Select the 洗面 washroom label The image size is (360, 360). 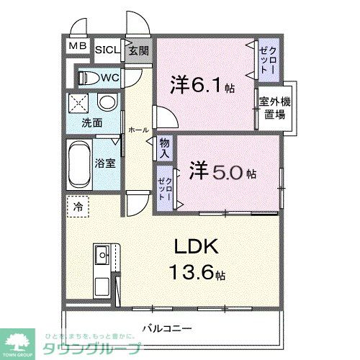(x=91, y=122)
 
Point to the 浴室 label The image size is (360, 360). (x=106, y=162)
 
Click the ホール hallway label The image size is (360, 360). (x=137, y=130)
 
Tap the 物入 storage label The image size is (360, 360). (x=164, y=148)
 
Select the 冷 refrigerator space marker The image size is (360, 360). (x=77, y=206)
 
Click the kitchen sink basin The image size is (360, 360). (x=102, y=253)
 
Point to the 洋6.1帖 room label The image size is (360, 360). (x=202, y=85)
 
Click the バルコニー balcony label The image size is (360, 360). (x=166, y=328)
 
